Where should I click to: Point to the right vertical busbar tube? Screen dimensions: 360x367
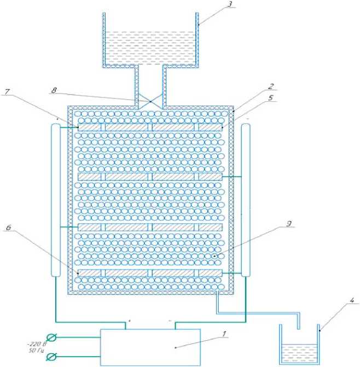pos(246,200)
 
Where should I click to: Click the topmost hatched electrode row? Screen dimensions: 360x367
pos(150,127)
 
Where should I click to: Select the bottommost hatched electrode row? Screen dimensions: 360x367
pos(150,272)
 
